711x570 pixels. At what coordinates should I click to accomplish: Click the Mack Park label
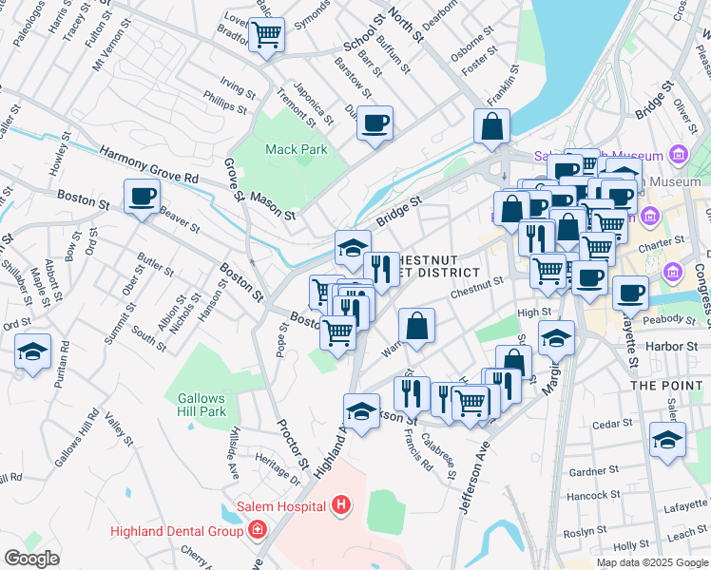[x=296, y=149]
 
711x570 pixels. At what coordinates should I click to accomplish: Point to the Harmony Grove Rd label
[x=149, y=163]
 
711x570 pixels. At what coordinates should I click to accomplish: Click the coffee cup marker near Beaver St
[x=143, y=197]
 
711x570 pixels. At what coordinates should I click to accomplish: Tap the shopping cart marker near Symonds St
[x=266, y=34]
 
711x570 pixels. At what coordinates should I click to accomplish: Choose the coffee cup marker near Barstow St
[x=375, y=123]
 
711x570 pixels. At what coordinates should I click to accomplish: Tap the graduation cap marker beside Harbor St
[x=556, y=337]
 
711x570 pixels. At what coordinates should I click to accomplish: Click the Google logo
[x=31, y=559]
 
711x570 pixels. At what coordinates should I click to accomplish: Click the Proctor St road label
[x=293, y=446]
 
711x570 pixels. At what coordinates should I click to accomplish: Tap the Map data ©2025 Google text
[x=651, y=562]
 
